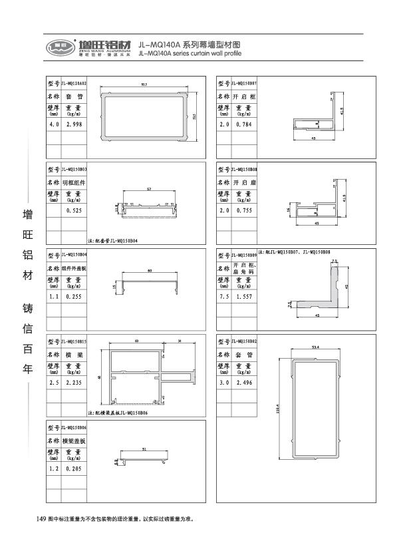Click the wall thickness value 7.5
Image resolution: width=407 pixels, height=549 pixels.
point(225,297)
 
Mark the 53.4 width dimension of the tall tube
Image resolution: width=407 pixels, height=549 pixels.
point(315,347)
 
